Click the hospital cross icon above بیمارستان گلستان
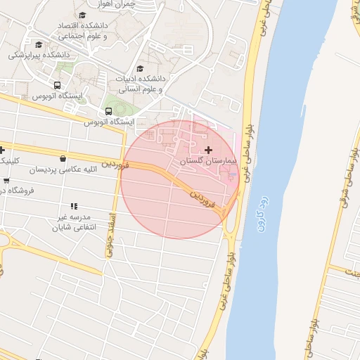click(208, 150)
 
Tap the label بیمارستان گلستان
click(210, 161)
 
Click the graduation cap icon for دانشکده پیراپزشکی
click(39, 44)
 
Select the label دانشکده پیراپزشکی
click(39, 54)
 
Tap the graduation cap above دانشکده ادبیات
click(140, 69)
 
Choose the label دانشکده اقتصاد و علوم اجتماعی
click(82, 31)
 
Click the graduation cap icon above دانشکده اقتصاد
click(82, 15)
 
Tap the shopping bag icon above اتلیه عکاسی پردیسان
click(64, 159)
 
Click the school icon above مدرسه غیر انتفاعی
click(73, 205)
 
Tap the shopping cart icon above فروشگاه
click(6, 181)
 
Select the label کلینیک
click(9, 160)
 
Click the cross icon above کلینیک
click(2, 150)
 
